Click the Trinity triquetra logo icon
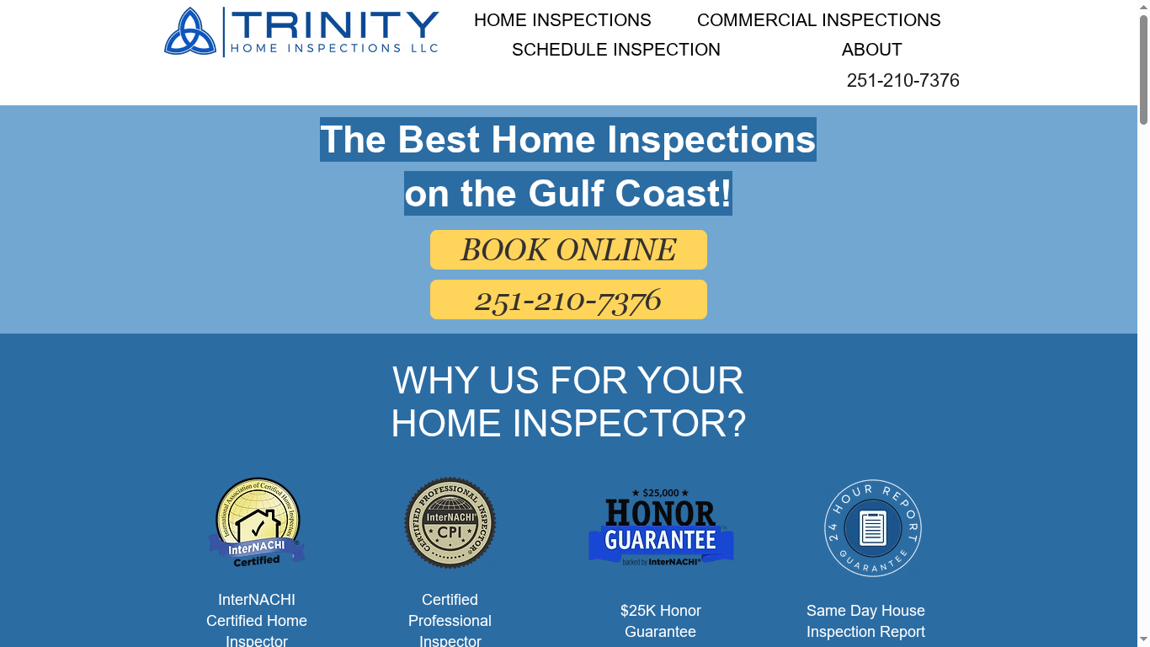(x=190, y=33)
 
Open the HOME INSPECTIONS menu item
(x=562, y=20)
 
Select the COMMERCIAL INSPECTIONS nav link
(x=818, y=20)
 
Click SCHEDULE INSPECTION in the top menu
(x=615, y=50)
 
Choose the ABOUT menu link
(x=871, y=50)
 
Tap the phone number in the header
(x=902, y=80)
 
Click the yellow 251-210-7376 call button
(x=568, y=300)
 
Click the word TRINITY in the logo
(x=335, y=25)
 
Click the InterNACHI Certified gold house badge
(x=257, y=522)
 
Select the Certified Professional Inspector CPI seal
(x=450, y=522)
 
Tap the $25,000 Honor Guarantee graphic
(x=661, y=527)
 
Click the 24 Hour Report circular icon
(x=872, y=528)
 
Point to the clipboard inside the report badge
(x=872, y=528)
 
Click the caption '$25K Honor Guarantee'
(x=661, y=621)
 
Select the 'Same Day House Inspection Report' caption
(x=865, y=621)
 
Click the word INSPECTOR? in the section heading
(x=629, y=423)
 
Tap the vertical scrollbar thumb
(x=1143, y=67)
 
